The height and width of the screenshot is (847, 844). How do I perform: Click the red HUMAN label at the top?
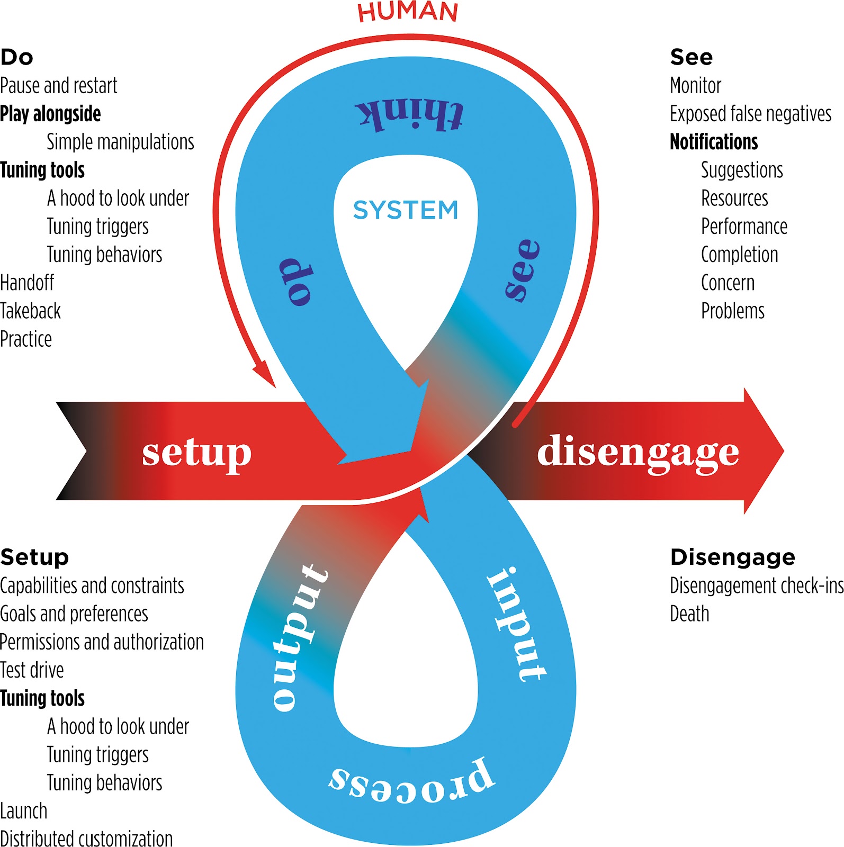[x=407, y=12]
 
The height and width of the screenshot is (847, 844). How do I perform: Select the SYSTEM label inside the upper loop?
[x=406, y=210]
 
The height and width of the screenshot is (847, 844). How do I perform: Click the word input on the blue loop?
[x=515, y=625]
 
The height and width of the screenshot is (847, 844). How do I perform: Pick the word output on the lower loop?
[x=299, y=637]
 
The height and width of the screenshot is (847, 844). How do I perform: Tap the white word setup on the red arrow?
[x=196, y=453]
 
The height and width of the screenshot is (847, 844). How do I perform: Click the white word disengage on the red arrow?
[x=638, y=452]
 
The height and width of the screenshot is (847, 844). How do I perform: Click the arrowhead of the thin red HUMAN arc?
[x=265, y=376]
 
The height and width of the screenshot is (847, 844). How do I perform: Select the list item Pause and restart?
[x=59, y=86]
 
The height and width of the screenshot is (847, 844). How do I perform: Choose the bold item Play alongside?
[x=51, y=114]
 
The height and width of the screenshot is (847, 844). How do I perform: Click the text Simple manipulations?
[x=120, y=142]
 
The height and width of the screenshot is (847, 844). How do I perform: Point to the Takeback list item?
[x=31, y=311]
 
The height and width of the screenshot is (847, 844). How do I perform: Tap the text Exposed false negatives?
[x=750, y=114]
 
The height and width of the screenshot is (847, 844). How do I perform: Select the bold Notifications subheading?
[x=714, y=142]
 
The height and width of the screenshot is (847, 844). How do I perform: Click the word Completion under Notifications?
[x=739, y=255]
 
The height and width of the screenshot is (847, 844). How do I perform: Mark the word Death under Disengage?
[x=689, y=614]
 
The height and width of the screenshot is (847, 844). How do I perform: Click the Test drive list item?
[x=32, y=670]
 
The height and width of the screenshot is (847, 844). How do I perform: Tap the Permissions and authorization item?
[x=102, y=642]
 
